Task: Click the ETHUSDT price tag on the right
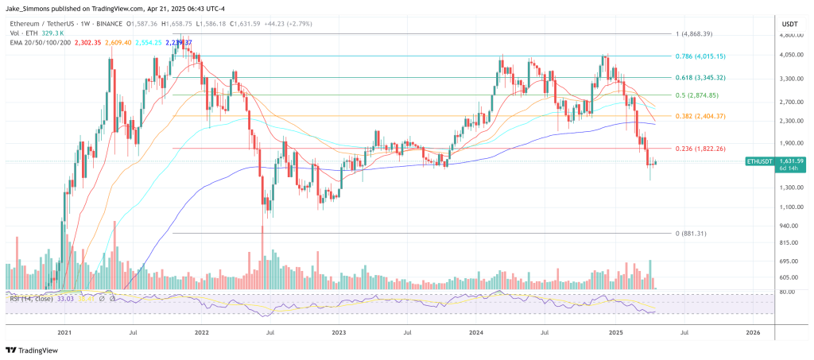coord(759,161)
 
